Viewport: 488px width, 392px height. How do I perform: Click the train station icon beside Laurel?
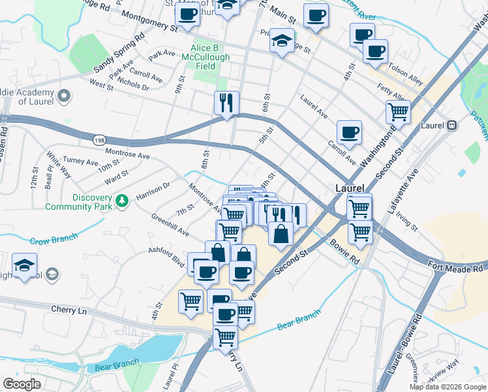(451, 125)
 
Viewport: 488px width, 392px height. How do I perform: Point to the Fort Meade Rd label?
(457, 266)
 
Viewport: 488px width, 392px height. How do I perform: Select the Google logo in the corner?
(22, 384)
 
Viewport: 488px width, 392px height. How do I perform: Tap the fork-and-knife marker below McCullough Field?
(226, 103)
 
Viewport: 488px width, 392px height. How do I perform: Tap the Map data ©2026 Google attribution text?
(447, 387)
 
